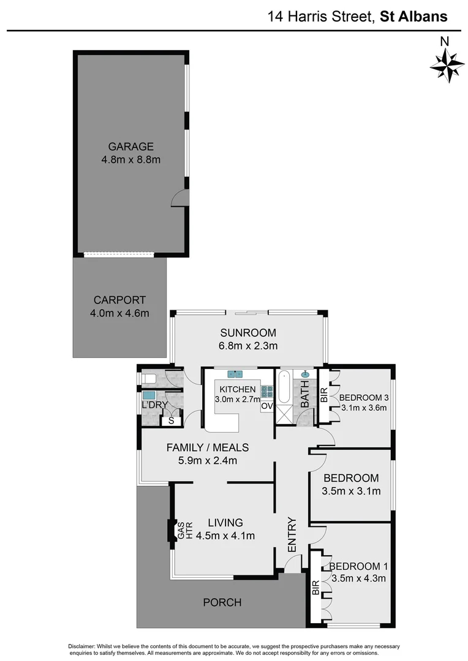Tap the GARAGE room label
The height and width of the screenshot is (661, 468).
[x=130, y=147]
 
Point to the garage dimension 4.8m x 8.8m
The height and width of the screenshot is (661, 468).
[x=130, y=160]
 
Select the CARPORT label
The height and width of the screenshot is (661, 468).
[x=119, y=300]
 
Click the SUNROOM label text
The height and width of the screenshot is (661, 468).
[x=249, y=333]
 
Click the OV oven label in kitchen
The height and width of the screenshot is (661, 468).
[x=266, y=406]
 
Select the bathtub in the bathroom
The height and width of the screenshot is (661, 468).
[x=284, y=388]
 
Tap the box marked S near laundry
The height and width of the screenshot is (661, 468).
[x=171, y=421]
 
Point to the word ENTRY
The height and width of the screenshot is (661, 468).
[x=292, y=535]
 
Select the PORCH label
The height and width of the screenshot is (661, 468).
[x=222, y=602]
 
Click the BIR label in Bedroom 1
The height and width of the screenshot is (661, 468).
[x=315, y=588]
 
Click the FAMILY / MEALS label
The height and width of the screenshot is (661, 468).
[x=207, y=447]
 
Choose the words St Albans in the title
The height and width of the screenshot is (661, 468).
[x=413, y=17]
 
